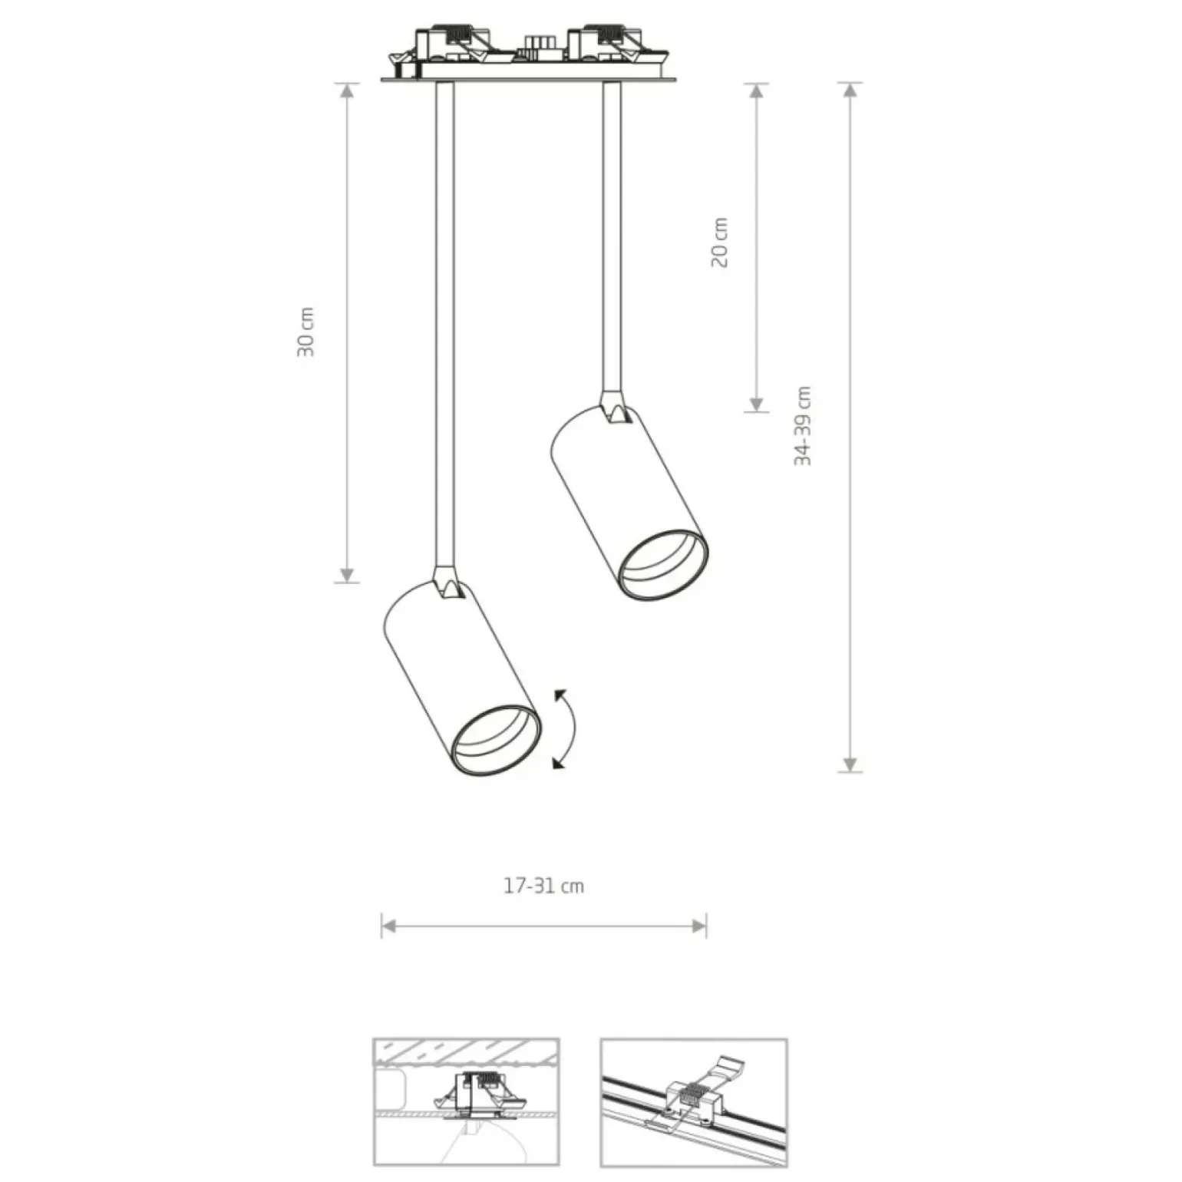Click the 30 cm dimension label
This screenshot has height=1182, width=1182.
[x=306, y=332]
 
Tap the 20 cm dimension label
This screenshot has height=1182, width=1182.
[x=719, y=243]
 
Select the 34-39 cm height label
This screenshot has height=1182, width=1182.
[x=803, y=426]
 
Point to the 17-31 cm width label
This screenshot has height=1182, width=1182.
[x=543, y=886]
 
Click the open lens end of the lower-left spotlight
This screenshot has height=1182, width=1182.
[x=496, y=739]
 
